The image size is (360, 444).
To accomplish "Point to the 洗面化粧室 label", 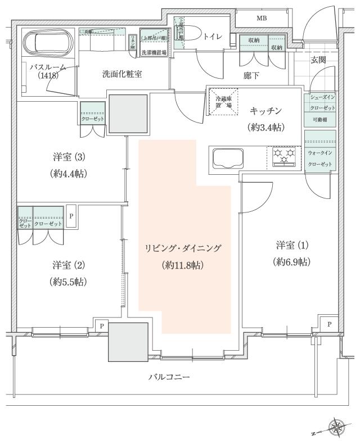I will pyautogui.click(x=121, y=74).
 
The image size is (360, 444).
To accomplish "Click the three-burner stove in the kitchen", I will pyautogui.click(x=284, y=156).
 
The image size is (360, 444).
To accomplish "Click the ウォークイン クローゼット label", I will pyautogui.click(x=319, y=158).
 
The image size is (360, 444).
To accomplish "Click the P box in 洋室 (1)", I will pyautogui.click(x=328, y=325).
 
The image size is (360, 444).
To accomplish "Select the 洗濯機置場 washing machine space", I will pyautogui.click(x=152, y=42).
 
